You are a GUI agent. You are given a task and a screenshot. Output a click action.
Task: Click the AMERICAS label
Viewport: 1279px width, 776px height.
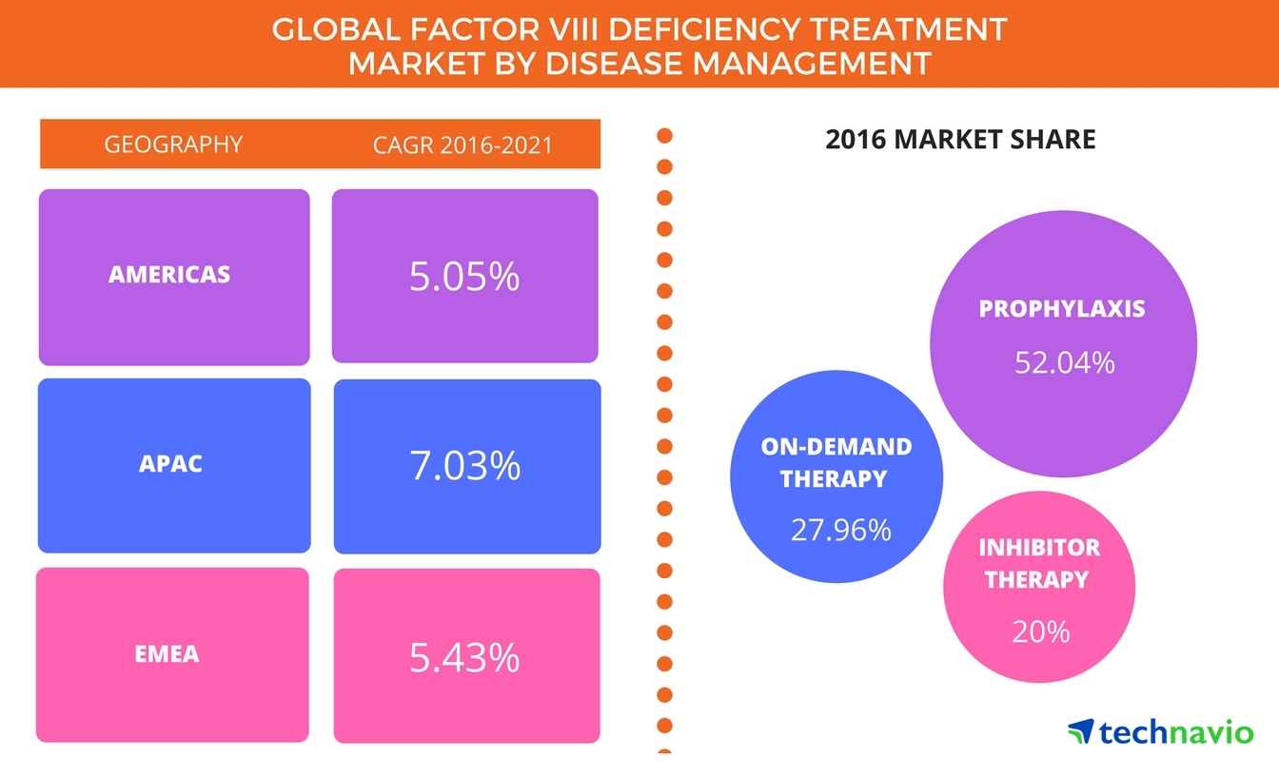tap(169, 275)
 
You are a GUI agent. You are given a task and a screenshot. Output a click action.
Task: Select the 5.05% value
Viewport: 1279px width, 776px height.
tap(464, 276)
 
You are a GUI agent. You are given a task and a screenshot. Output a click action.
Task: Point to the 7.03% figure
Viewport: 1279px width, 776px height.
tap(465, 465)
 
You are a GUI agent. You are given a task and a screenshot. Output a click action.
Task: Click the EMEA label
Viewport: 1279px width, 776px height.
tap(167, 654)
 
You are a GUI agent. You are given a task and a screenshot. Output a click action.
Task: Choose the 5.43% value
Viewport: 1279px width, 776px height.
tap(464, 657)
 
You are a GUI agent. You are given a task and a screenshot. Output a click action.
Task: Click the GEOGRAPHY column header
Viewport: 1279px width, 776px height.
tap(173, 145)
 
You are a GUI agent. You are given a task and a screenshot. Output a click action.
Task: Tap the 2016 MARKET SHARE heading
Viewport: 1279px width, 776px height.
tap(960, 141)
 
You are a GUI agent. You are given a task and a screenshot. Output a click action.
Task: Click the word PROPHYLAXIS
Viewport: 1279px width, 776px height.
tap(1062, 309)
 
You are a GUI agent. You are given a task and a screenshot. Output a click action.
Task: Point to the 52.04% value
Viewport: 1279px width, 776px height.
tap(1063, 362)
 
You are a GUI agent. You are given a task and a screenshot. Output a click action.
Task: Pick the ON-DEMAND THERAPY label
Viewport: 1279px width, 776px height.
tap(836, 462)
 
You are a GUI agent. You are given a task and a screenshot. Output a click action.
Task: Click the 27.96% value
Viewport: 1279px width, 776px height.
tap(840, 530)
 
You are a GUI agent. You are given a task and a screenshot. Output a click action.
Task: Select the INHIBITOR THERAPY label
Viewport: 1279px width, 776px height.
tap(1039, 563)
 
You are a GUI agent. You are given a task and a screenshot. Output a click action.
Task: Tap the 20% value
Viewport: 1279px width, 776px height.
tap(1040, 631)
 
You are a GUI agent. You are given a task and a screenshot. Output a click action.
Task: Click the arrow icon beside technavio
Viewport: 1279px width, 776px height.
tap(1080, 731)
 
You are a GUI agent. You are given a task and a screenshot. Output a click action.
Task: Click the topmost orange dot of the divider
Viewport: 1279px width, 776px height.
tap(664, 136)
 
